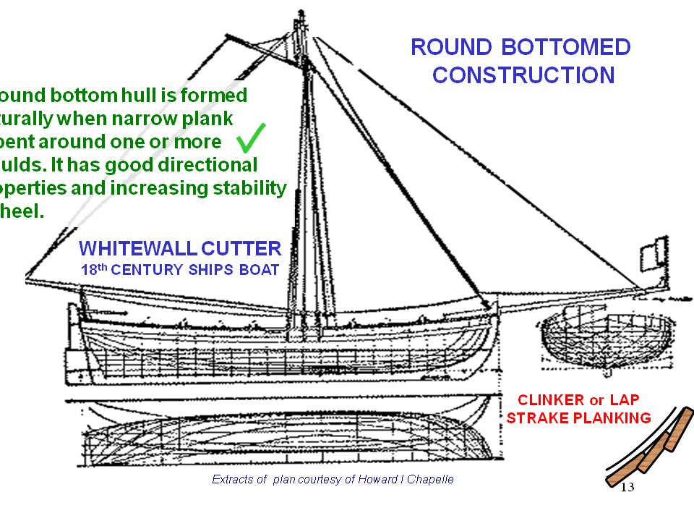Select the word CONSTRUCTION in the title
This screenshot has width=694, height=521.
(523, 75)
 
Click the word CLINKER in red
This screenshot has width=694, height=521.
(552, 400)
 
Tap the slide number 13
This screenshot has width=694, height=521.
(627, 488)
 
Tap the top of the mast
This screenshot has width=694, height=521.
(299, 17)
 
